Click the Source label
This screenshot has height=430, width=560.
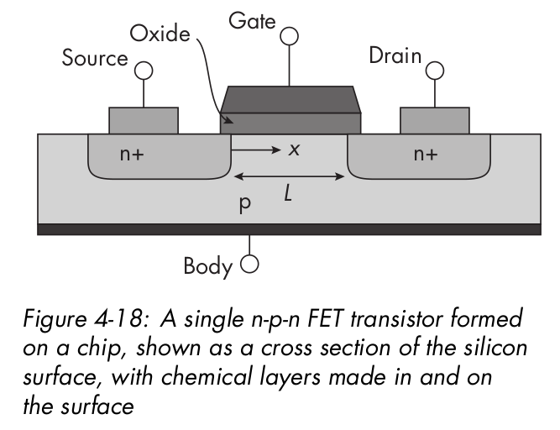pyautogui.click(x=94, y=59)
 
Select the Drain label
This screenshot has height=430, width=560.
pyautogui.click(x=394, y=57)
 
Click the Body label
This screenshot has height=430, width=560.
pyautogui.click(x=207, y=267)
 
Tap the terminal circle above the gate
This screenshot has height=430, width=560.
pyautogui.click(x=290, y=35)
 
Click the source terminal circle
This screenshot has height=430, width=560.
pyautogui.click(x=144, y=71)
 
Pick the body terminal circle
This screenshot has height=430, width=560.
pyautogui.click(x=248, y=266)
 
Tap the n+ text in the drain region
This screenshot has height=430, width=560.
pyautogui.click(x=426, y=154)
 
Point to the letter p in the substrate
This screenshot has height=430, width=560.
pyautogui.click(x=245, y=204)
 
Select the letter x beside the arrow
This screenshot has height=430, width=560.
pyautogui.click(x=294, y=149)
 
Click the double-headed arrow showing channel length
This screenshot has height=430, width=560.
pyautogui.click(x=290, y=177)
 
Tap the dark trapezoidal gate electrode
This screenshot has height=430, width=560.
pyautogui.click(x=290, y=100)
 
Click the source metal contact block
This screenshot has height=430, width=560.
pyautogui.click(x=144, y=120)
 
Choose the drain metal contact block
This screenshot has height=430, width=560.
pyautogui.click(x=434, y=120)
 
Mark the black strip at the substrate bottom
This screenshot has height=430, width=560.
pyautogui.click(x=290, y=228)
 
